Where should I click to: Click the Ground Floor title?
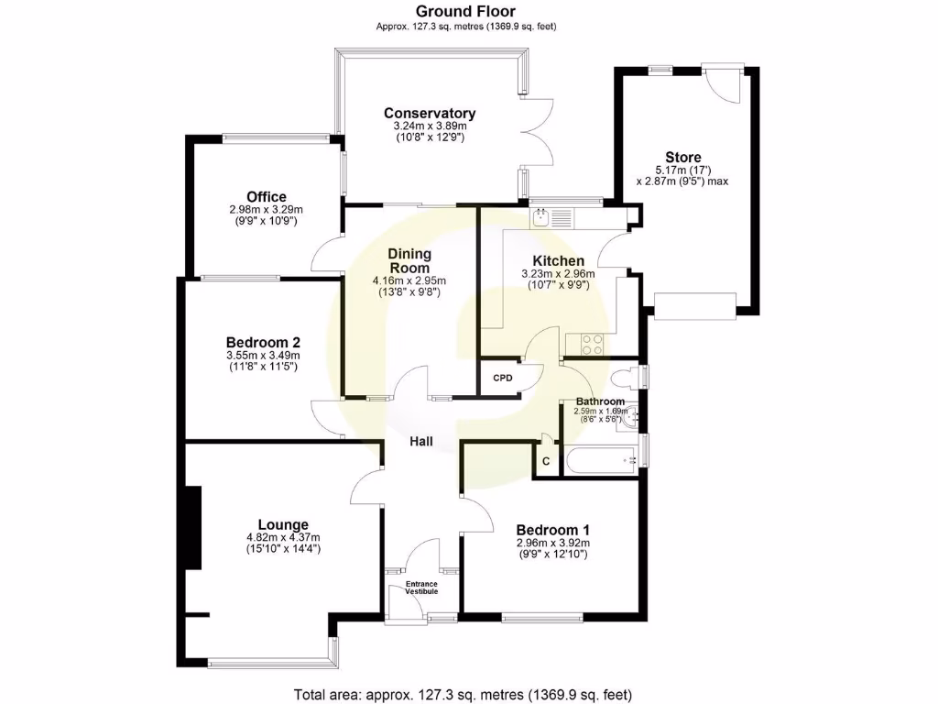466,11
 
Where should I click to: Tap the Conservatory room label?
430,114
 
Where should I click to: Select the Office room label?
266,197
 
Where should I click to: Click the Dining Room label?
409,260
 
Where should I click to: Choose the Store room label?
683,158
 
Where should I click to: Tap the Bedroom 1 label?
552,530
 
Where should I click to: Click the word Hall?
421,442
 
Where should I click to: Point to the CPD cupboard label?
502,378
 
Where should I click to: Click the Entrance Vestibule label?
422,588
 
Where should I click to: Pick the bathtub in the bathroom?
600,460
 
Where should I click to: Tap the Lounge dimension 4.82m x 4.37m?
282,538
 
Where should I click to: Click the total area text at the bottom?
463,694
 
